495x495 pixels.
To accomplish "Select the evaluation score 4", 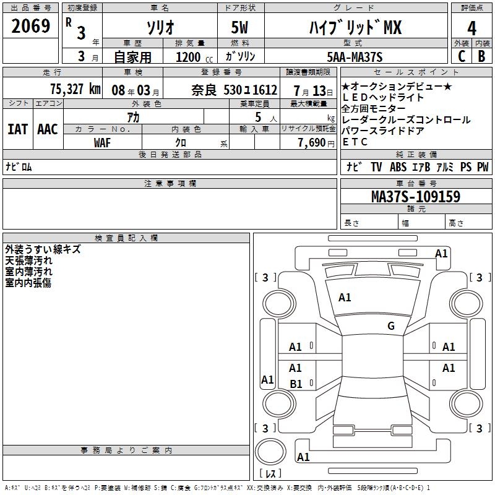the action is pos(472,28).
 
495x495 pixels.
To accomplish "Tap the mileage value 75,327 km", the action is pos(74,89).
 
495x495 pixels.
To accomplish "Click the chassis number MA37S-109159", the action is pos(415,197).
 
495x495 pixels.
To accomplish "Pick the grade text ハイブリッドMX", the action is pos(355,28).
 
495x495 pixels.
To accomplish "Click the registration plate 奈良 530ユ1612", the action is pos(234,90).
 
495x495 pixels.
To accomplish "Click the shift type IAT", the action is pos(17,129).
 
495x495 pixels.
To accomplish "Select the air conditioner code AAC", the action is pos(48,129).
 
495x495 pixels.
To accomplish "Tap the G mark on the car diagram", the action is pos(390,326).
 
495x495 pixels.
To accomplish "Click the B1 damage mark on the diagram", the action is pos(296,384).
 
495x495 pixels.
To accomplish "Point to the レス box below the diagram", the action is pos(273,473).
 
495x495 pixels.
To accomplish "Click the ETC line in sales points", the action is pos(355,142).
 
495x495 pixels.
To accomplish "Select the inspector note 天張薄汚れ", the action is pos(29,261).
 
